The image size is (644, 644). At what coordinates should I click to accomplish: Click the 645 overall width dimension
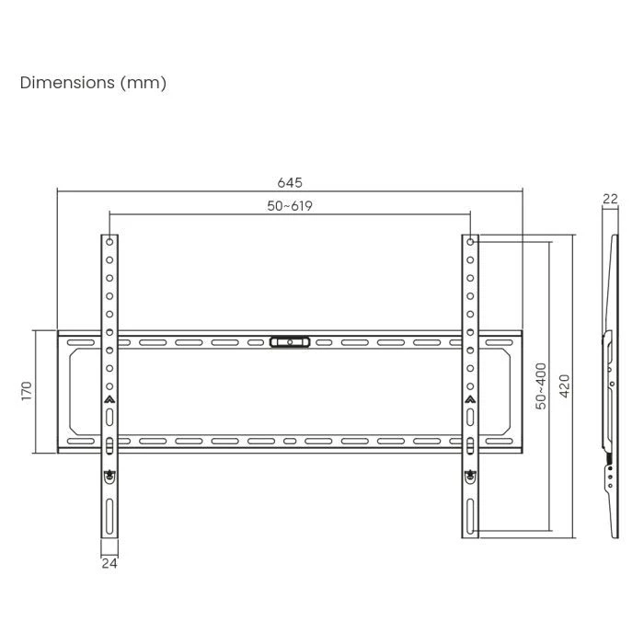pos(290,183)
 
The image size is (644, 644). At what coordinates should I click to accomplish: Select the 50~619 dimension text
pos(290,206)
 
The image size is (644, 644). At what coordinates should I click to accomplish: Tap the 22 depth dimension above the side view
pos(609,199)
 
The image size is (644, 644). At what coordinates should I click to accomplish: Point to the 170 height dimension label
pos(28,391)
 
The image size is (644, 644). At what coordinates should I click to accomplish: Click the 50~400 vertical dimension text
pos(542,385)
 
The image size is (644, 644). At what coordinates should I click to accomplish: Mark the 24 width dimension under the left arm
pos(109,563)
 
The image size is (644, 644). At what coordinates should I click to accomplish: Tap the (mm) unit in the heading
pos(143,83)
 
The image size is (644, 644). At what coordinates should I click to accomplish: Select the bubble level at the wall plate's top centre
pos(290,342)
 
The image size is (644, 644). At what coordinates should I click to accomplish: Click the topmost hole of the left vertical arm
pos(109,243)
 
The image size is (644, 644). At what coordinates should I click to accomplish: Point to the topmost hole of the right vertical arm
pos(470,243)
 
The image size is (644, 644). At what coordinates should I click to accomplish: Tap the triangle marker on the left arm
pos(109,400)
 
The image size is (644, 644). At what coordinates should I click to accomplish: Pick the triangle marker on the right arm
pos(470,400)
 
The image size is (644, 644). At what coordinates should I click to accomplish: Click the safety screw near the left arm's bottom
pos(109,476)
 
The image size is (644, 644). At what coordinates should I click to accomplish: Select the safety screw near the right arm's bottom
pos(470,476)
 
